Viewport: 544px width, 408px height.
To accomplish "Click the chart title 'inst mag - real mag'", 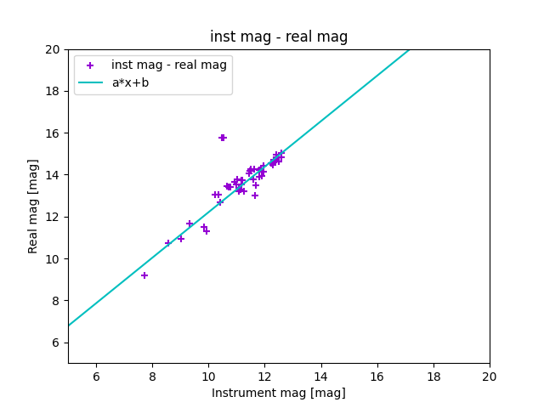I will [279, 37].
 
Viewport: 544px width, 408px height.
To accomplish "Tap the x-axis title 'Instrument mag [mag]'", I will [279, 393].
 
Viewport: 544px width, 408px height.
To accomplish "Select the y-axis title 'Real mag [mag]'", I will [34, 207].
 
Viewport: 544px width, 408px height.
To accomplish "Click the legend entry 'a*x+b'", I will [130, 82].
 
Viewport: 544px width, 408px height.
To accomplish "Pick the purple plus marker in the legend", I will [90, 65].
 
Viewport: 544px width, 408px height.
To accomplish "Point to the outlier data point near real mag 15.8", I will [223, 138].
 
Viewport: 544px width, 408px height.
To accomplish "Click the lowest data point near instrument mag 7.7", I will [144, 275].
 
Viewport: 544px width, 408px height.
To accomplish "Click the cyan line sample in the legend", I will [90, 82].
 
